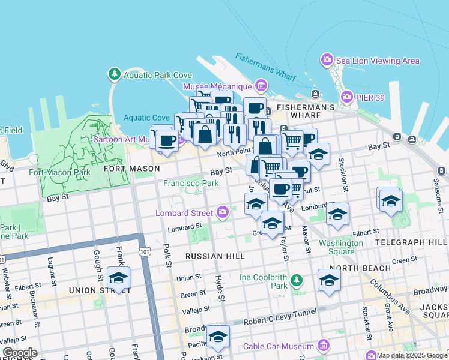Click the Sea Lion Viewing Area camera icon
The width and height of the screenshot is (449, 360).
[327, 60]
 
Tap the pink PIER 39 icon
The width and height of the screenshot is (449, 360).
[346, 97]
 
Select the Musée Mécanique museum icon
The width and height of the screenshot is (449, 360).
[261, 85]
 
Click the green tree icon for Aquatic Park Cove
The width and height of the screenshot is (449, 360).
[114, 74]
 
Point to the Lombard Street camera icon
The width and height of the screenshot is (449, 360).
[223, 212]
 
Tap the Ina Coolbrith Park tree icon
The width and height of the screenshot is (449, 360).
[296, 281]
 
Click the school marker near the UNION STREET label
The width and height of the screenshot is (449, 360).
[119, 278]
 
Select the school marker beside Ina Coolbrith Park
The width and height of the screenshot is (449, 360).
[329, 280]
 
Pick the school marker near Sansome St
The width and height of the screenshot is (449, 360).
[390, 200]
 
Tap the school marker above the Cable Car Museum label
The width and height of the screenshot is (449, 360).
[218, 337]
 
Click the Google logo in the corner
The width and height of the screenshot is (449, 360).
[20, 353]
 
